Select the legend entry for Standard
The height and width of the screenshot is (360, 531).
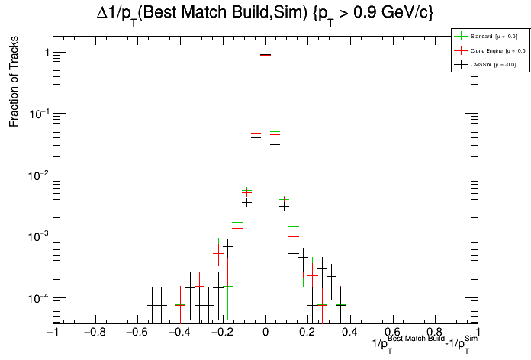(484, 36)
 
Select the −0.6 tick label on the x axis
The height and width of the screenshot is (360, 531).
(137, 333)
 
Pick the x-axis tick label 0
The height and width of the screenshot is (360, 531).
(265, 333)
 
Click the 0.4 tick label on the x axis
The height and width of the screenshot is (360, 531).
(350, 333)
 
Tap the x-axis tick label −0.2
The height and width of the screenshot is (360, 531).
(222, 333)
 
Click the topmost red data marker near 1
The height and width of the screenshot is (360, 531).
(265, 55)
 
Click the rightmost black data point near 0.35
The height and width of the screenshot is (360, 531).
(340, 305)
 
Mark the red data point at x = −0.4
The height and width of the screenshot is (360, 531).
(180, 305)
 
